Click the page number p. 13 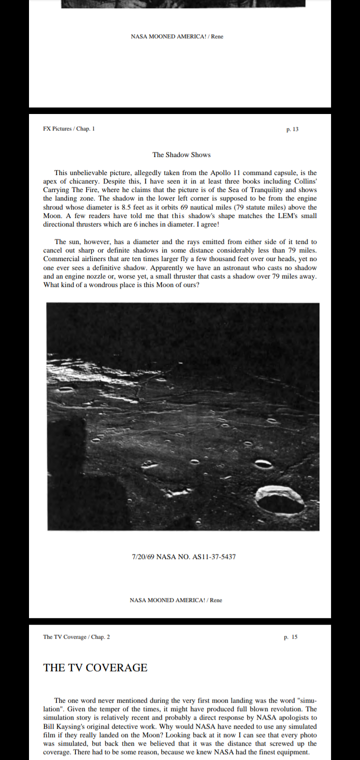coord(292,129)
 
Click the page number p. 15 coord(290,637)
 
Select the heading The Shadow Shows coord(181,154)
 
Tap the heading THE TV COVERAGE coord(95,668)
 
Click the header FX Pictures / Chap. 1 coord(69,129)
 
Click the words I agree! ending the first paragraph coord(206,224)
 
